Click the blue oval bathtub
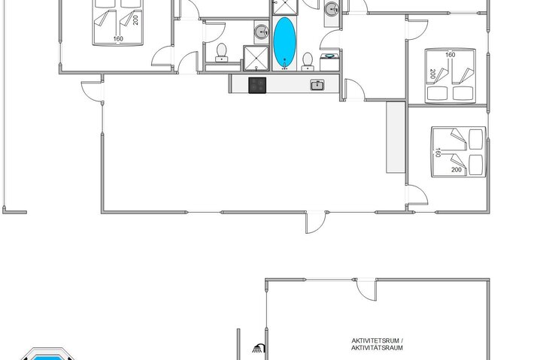tap(284, 42)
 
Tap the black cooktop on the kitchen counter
tap(258, 85)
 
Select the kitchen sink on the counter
tap(317, 85)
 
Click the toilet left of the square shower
tap(222, 52)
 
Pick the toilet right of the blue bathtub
tap(307, 61)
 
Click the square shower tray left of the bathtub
tap(254, 57)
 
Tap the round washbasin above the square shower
tap(260, 32)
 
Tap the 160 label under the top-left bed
tap(118, 38)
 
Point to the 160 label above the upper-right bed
tap(450, 54)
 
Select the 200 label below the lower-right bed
tap(457, 170)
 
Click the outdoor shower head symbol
tap(258, 348)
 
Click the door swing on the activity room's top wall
tap(366, 289)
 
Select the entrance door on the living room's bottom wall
tap(316, 220)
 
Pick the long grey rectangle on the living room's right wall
tap(396, 136)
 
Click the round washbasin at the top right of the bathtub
tap(331, 10)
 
